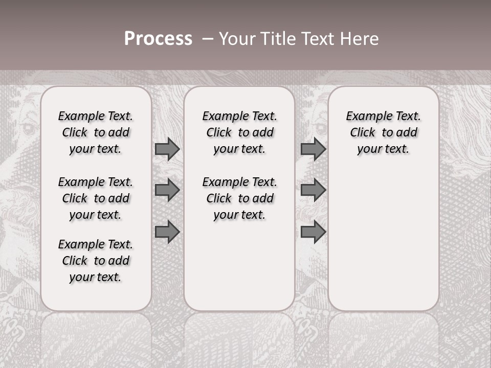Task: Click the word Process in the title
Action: [158, 39]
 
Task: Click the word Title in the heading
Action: [276, 39]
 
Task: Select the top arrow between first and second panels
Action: [167, 149]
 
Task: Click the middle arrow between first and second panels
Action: [167, 190]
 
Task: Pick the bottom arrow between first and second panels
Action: [167, 232]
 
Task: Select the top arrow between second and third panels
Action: [313, 149]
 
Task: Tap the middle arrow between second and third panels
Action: [313, 190]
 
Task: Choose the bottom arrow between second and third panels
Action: [313, 232]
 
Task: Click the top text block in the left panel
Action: [96, 132]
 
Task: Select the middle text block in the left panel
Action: [96, 198]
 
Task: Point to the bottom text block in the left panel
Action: [96, 261]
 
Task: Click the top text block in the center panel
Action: [239, 132]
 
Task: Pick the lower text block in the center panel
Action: [239, 198]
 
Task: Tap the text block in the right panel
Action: [384, 132]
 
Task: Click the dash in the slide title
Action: [207, 39]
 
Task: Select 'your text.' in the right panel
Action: [384, 149]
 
